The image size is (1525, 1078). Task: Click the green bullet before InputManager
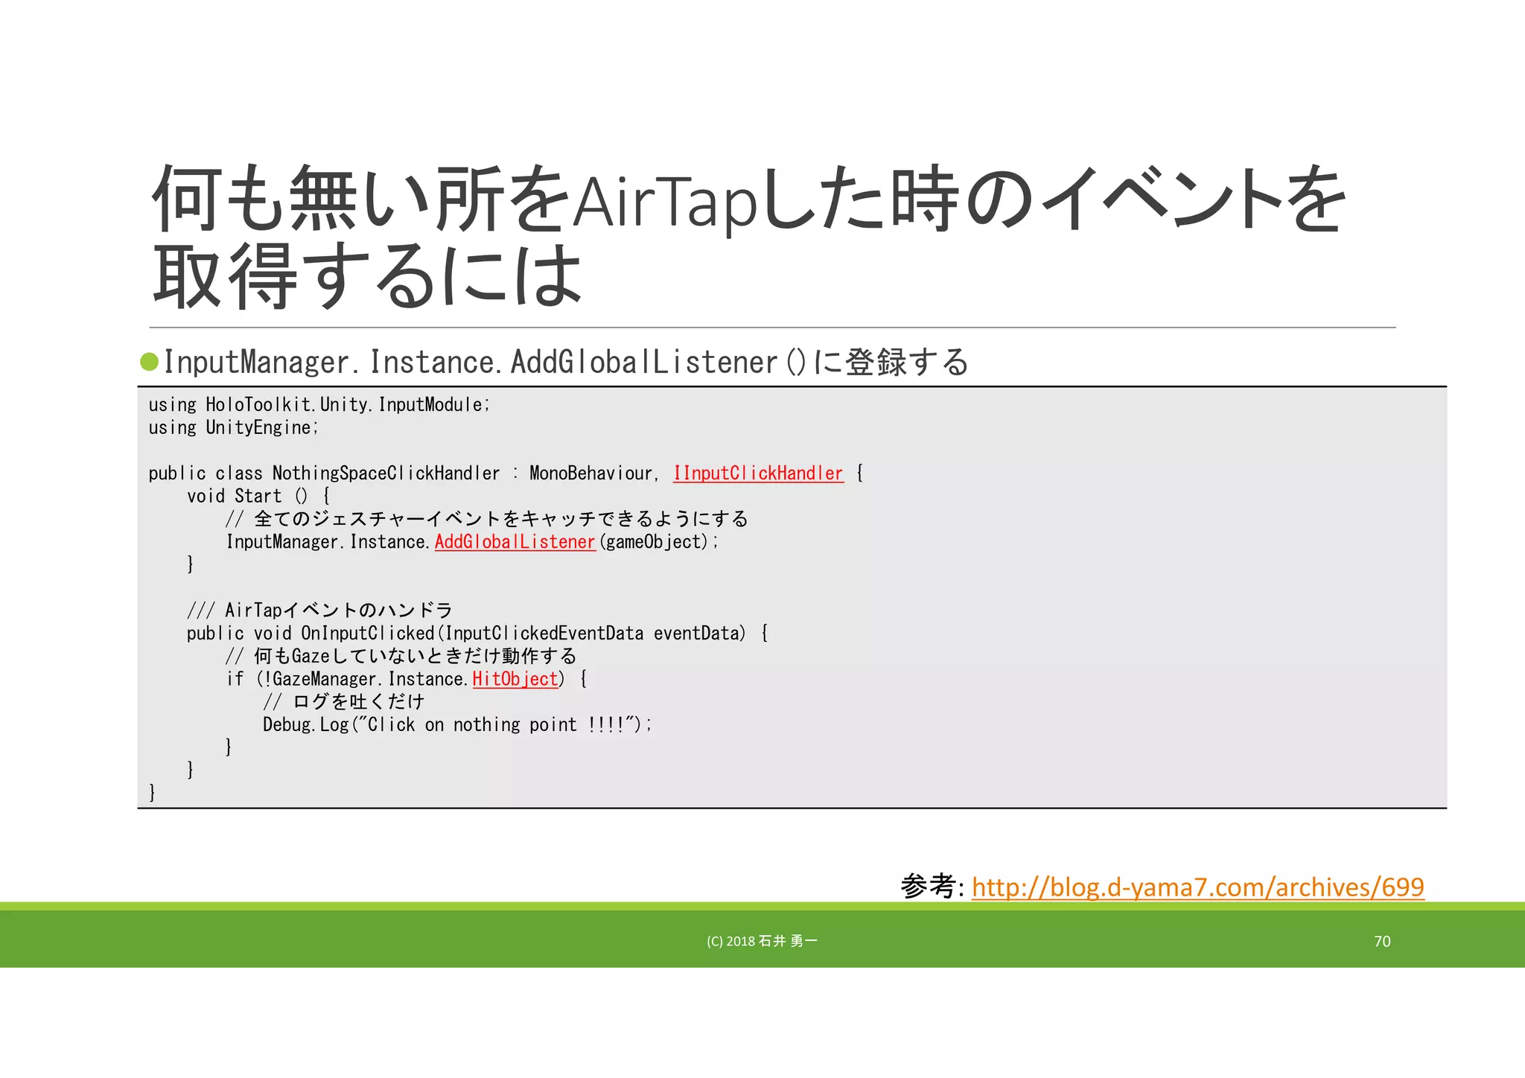click(150, 362)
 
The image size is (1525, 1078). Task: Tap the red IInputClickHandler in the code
click(758, 473)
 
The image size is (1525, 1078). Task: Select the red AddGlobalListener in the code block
click(515, 542)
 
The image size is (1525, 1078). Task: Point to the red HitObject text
click(515, 679)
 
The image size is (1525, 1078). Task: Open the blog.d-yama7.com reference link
click(1197, 887)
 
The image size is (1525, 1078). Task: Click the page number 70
click(1382, 941)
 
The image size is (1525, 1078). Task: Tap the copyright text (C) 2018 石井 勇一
click(762, 941)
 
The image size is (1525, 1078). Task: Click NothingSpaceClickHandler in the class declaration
click(386, 473)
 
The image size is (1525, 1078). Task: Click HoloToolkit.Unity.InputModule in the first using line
click(347, 405)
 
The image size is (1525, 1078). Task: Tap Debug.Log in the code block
click(305, 725)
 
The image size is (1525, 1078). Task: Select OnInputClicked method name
click(368, 634)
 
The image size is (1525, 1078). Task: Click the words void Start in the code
click(235, 497)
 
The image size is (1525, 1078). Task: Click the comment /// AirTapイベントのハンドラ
click(320, 610)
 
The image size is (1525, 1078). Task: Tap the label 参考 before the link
click(928, 886)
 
